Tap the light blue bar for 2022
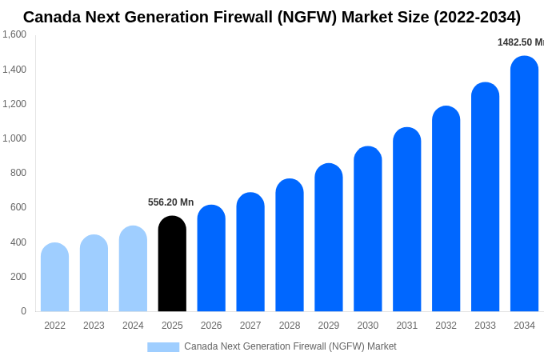[x=54, y=278]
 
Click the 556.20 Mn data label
[x=170, y=202]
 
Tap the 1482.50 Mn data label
[x=520, y=42]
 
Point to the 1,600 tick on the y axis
[x=14, y=34]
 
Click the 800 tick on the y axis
[x=18, y=173]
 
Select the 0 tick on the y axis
[x=23, y=311]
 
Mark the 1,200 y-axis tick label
[x=14, y=104]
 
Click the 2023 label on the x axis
[x=94, y=326]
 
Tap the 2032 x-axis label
[x=446, y=326]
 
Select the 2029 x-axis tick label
[x=329, y=326]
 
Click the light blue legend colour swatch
[x=163, y=347]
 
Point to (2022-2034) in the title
[x=477, y=17]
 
